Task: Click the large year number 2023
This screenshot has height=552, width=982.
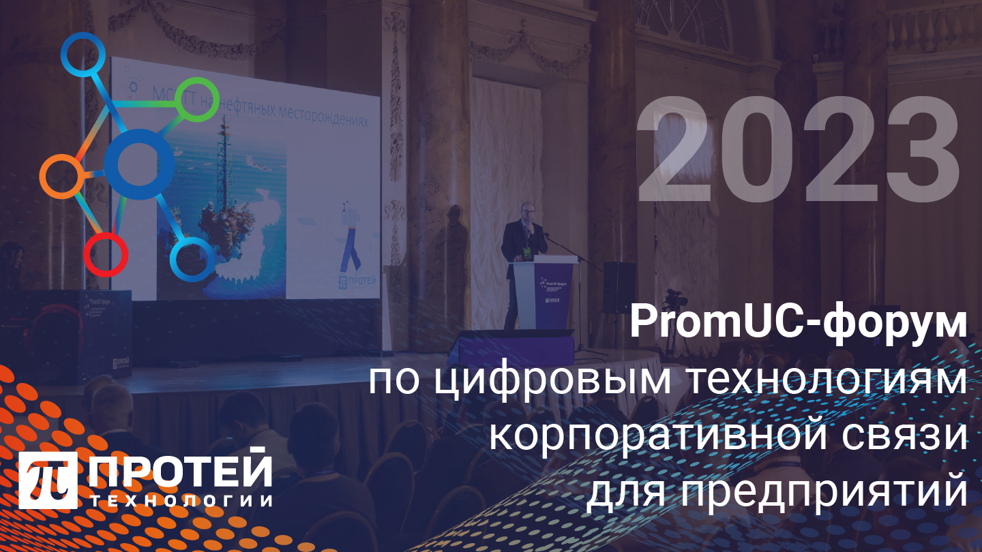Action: tap(798, 149)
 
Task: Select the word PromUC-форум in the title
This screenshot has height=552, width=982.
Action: tap(798, 324)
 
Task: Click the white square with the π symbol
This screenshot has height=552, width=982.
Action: tap(48, 480)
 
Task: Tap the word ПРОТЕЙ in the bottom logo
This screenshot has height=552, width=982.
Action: tap(180, 470)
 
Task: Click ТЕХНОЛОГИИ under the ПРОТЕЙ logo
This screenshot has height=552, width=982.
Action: tap(181, 501)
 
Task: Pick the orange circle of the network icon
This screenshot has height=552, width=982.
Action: tap(62, 176)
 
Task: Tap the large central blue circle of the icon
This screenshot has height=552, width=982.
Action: tap(140, 164)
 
